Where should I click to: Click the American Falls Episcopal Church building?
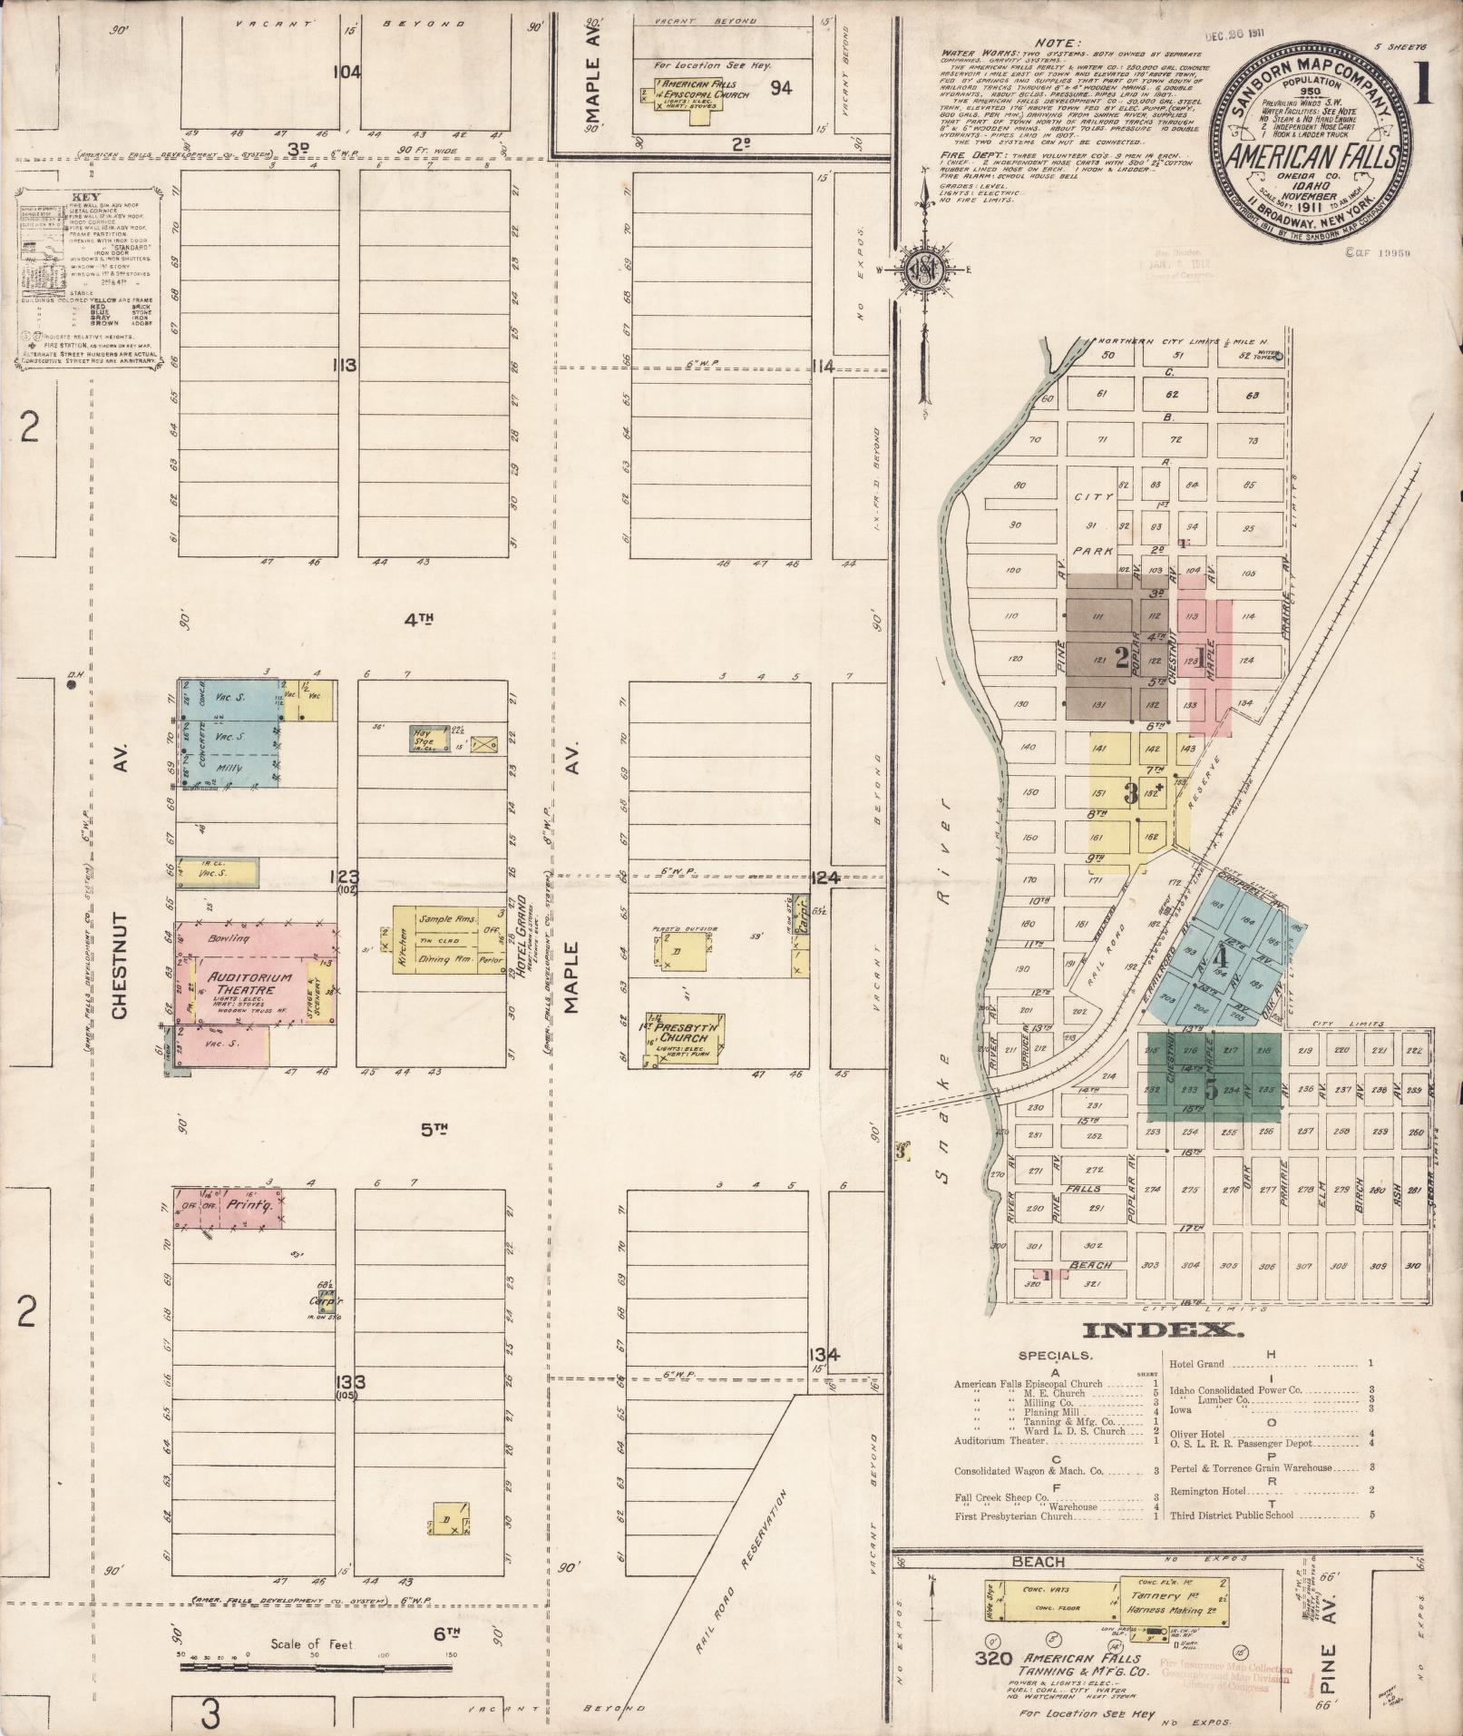pyautogui.click(x=686, y=94)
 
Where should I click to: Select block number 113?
pyautogui.click(x=345, y=366)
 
